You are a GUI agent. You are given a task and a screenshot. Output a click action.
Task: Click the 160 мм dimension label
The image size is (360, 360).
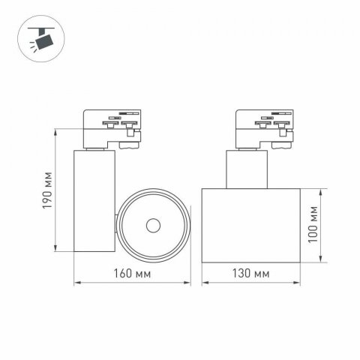134,271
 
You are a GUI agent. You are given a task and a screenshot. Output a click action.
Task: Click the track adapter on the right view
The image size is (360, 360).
263,127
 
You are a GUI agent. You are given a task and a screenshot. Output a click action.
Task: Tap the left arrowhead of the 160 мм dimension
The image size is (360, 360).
76,282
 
